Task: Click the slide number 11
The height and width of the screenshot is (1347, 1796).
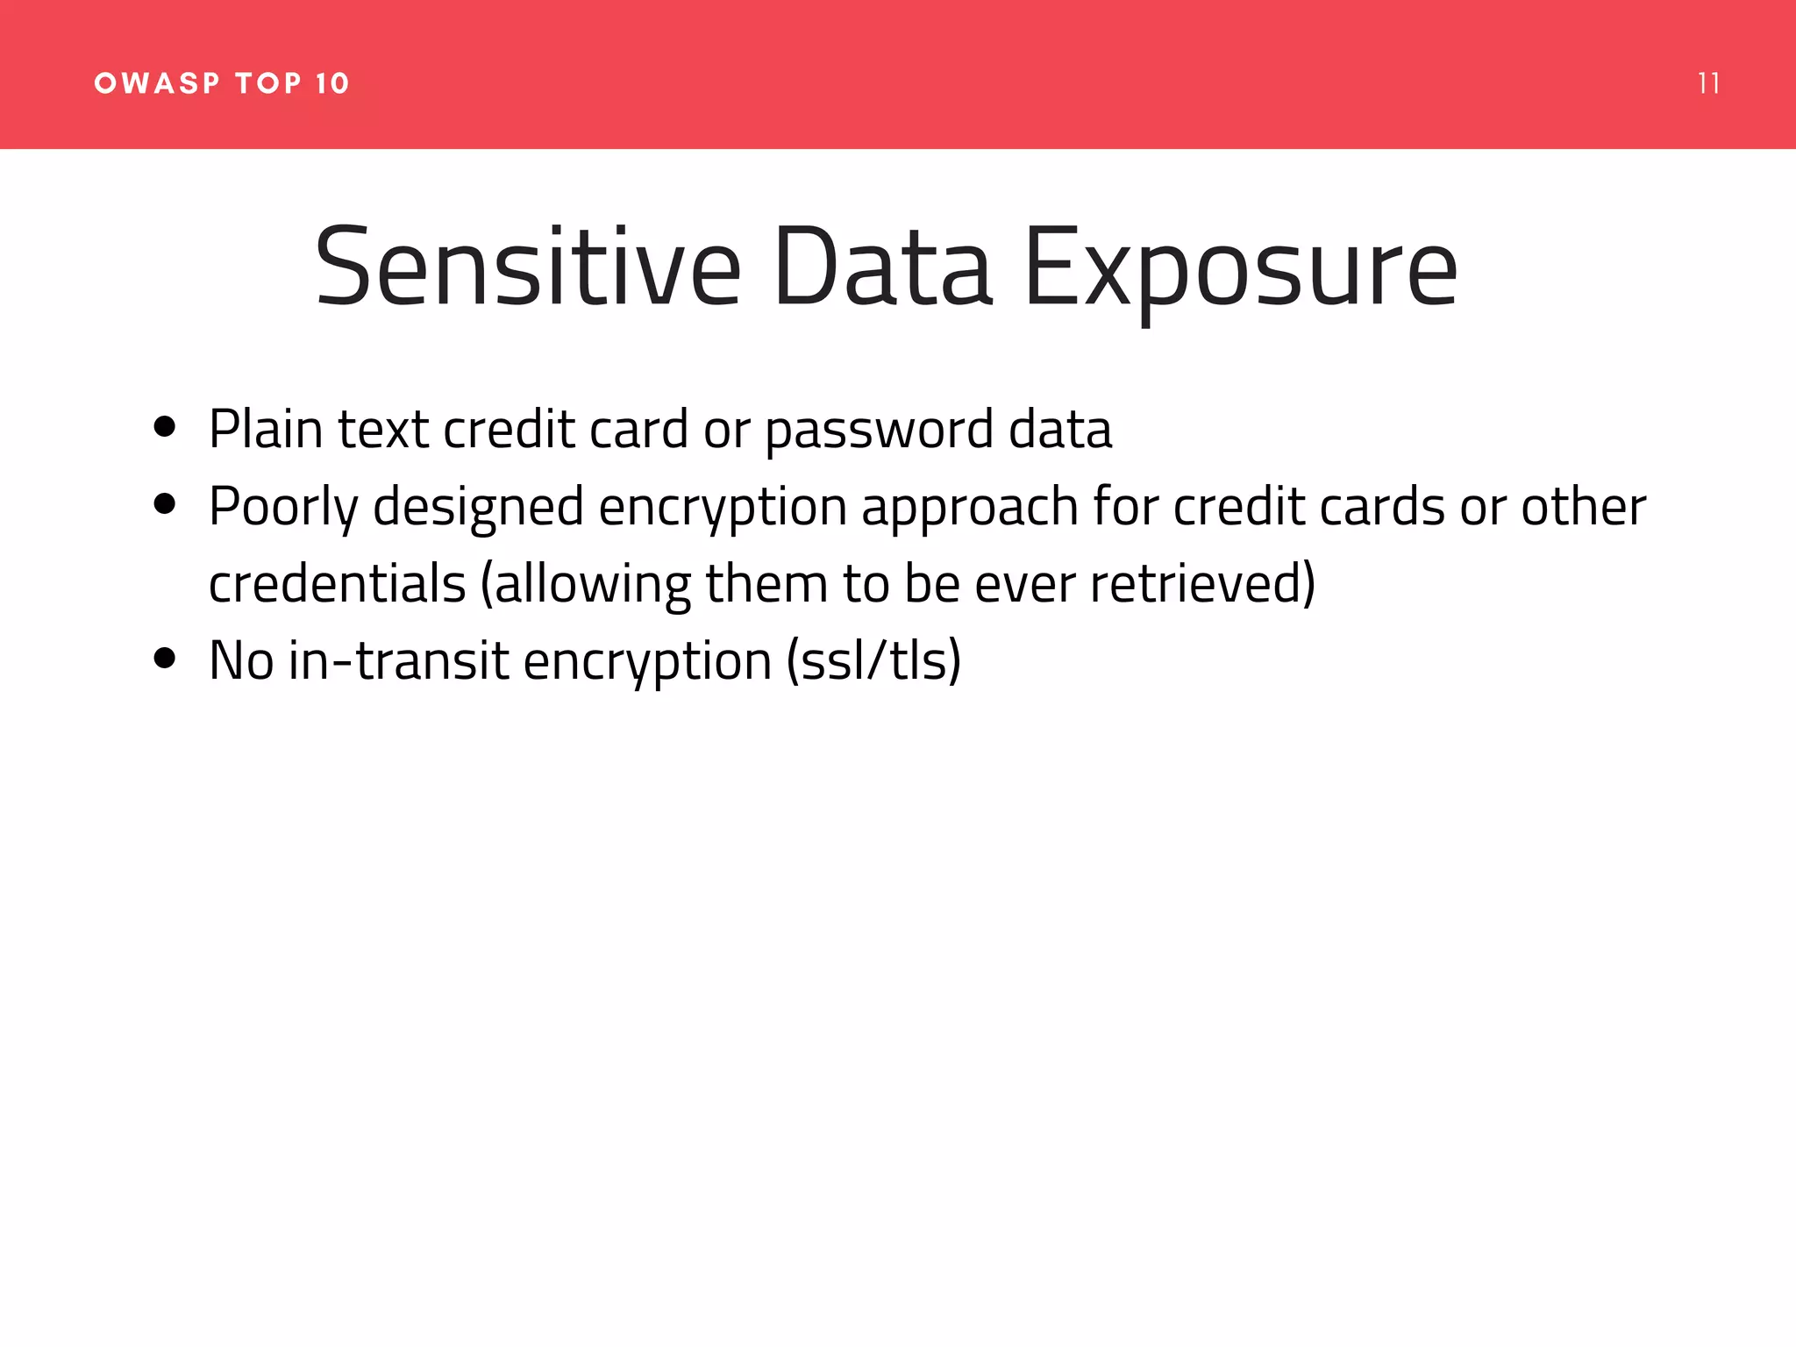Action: [x=1707, y=83]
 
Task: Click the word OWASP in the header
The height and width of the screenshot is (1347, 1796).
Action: [x=157, y=83]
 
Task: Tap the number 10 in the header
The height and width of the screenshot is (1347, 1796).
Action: [x=332, y=83]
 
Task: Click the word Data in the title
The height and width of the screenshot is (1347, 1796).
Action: [x=882, y=267]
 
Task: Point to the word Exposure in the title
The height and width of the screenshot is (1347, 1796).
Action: [x=1240, y=267]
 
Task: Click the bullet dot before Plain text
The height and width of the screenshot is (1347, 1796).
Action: [x=164, y=427]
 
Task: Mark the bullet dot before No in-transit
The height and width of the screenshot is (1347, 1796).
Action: [x=164, y=658]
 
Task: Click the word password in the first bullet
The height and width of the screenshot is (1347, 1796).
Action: [x=879, y=430]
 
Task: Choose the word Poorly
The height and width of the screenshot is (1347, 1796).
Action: [x=283, y=507]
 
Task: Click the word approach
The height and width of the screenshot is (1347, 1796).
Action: [x=970, y=507]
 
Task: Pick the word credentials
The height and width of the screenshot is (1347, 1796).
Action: [x=337, y=584]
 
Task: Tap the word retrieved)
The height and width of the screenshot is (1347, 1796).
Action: [x=1202, y=584]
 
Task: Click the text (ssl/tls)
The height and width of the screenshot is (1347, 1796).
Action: [x=873, y=660]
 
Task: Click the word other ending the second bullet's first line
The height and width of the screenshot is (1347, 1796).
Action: [x=1583, y=507]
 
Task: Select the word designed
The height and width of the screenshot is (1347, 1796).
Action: [x=478, y=507]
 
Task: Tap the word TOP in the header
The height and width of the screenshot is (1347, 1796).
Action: [x=268, y=83]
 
